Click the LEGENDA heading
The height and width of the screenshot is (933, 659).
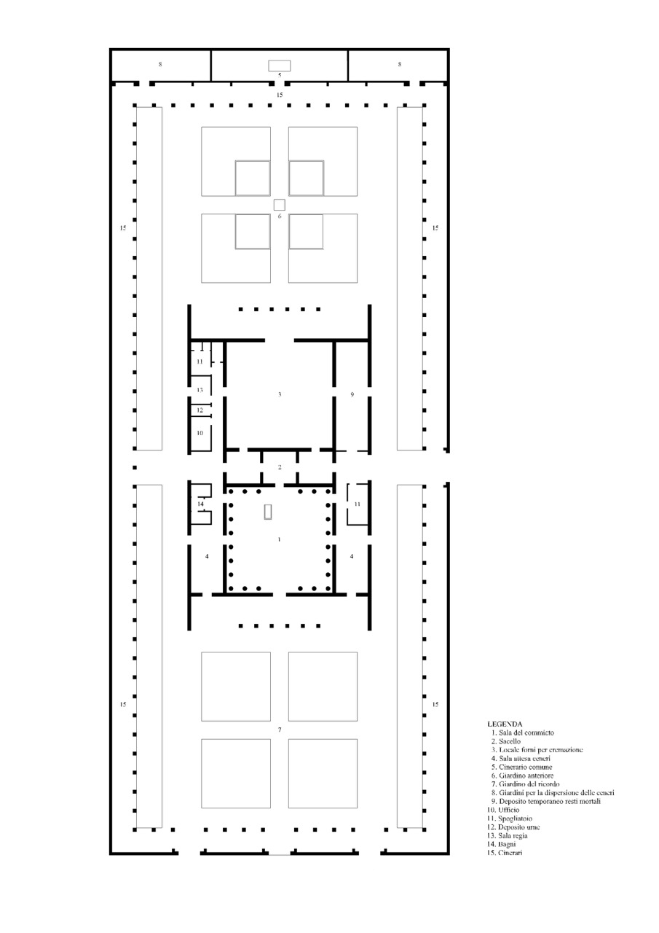tap(505, 724)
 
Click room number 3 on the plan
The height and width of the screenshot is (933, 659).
tap(280, 394)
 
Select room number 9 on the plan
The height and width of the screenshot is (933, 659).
tap(352, 394)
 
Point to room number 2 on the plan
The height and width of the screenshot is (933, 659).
tap(280, 467)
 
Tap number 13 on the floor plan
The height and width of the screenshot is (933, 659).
tap(200, 390)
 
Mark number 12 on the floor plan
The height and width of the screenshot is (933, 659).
tap(200, 410)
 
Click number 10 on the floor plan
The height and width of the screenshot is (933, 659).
tap(200, 433)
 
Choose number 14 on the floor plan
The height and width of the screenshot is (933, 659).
tap(200, 504)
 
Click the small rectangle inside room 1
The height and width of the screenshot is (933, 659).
tap(268, 512)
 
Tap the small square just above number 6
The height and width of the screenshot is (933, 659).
tap(280, 205)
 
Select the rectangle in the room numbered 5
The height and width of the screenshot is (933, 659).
tap(280, 66)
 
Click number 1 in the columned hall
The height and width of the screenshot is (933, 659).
tap(279, 539)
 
